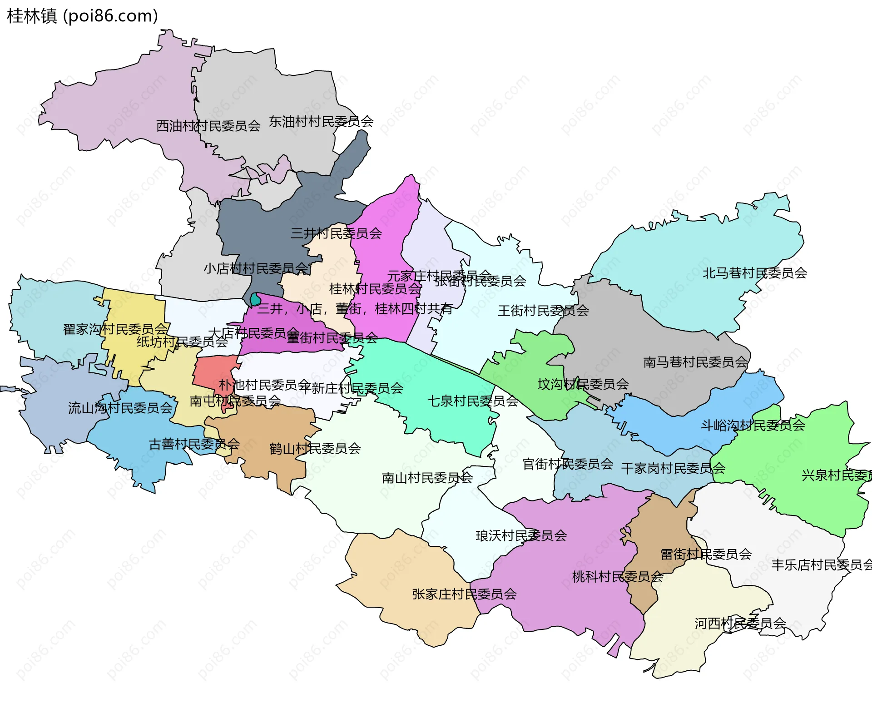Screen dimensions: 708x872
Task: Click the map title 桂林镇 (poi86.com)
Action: (x=83, y=16)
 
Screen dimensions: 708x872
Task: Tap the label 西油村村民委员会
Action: (x=208, y=126)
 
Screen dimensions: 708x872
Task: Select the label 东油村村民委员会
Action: (x=321, y=121)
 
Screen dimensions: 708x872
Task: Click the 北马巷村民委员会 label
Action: (x=754, y=273)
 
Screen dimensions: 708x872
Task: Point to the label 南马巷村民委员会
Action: (x=695, y=362)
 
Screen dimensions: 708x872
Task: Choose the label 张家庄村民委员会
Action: (x=464, y=594)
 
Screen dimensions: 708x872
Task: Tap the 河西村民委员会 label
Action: (x=740, y=624)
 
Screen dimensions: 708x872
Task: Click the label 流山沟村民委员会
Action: (x=120, y=408)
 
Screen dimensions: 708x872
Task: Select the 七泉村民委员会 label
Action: (x=473, y=401)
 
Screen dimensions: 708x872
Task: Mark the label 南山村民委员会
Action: (x=427, y=478)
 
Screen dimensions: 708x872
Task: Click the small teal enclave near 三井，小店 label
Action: (x=256, y=300)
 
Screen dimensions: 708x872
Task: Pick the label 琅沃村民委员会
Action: (x=521, y=536)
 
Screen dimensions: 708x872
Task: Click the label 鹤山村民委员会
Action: (x=315, y=449)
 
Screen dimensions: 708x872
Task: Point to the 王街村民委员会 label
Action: (x=543, y=311)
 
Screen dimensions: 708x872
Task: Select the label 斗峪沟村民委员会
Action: (x=753, y=426)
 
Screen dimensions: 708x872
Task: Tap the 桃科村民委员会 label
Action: (x=617, y=577)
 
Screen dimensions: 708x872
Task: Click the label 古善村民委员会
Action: (x=194, y=444)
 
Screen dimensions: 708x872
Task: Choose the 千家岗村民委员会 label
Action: (x=673, y=469)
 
